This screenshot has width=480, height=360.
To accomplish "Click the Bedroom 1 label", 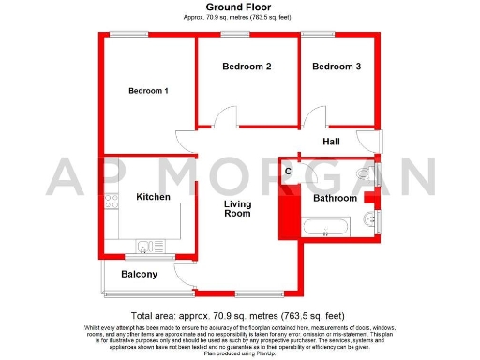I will [x=148, y=91].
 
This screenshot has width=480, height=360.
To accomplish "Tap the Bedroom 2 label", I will [x=247, y=67].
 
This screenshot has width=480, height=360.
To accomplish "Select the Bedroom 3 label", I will [x=336, y=67].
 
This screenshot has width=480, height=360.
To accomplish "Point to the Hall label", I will [x=332, y=142].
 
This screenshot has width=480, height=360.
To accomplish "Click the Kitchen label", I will [x=153, y=198].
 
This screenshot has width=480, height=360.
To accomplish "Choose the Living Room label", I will [x=237, y=209].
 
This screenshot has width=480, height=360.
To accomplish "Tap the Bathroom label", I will [x=335, y=199].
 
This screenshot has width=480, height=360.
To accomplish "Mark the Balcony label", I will [x=139, y=275].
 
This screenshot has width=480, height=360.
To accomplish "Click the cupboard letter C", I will [x=288, y=172].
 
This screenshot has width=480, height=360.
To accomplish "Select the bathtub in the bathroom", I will [x=324, y=225].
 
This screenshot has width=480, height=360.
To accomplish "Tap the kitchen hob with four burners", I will [x=113, y=200].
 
